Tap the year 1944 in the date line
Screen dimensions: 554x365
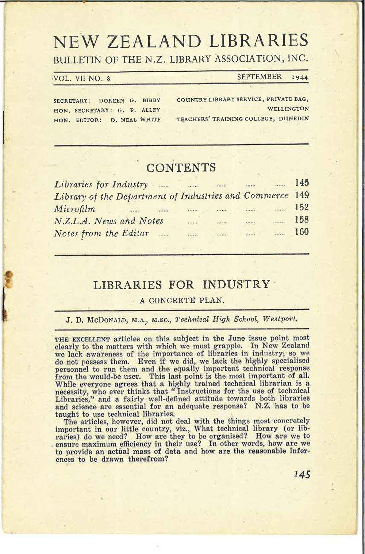(300, 77)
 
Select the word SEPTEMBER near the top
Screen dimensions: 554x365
(260, 77)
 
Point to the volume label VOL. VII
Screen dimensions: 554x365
(69, 78)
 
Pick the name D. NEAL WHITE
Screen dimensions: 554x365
(135, 119)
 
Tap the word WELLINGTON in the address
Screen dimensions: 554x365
(288, 109)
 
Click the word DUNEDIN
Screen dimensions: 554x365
(294, 118)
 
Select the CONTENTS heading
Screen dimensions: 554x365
(181, 168)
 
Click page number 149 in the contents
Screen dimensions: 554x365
(301, 195)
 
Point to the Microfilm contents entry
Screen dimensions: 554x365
(74, 209)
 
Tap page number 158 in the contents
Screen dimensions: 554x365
(301, 220)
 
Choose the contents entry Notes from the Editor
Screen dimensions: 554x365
(101, 233)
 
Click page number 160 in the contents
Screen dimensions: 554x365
(301, 232)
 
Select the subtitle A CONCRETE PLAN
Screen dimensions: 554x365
(181, 301)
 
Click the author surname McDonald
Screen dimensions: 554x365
(107, 320)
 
